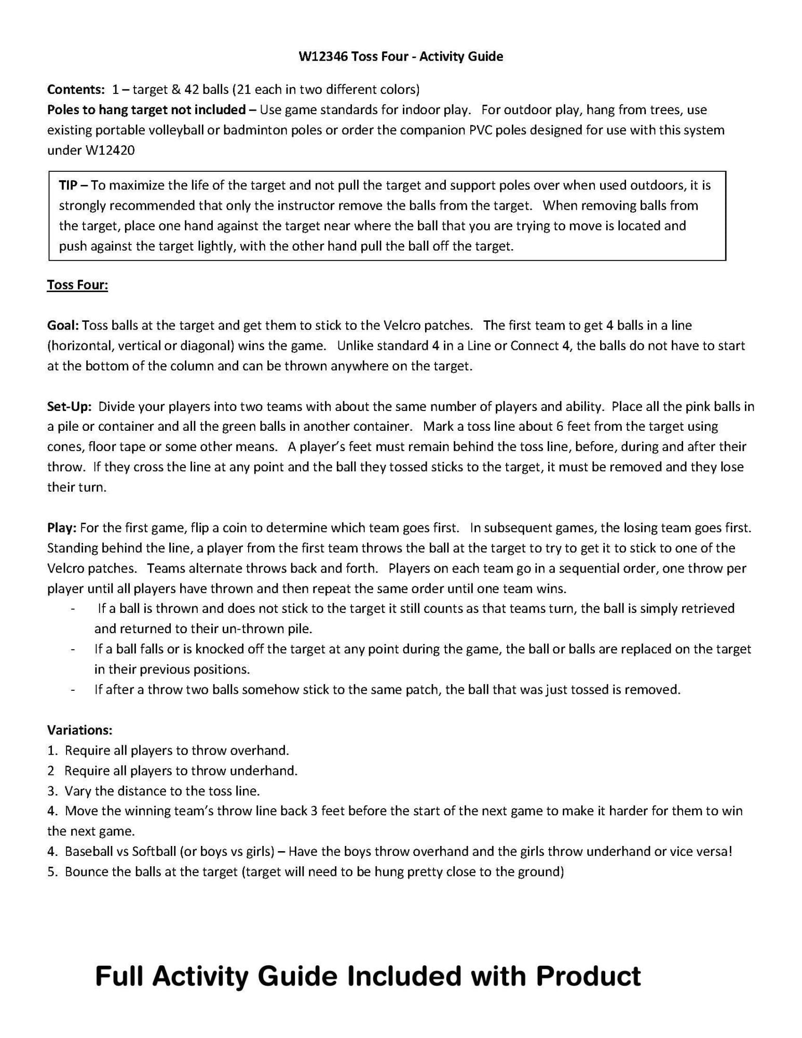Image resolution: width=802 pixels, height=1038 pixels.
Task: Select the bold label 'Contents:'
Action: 76,89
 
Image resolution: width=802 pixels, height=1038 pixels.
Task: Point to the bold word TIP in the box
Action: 68,185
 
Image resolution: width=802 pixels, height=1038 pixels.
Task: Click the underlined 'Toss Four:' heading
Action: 77,285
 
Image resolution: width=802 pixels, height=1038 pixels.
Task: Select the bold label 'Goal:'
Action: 63,325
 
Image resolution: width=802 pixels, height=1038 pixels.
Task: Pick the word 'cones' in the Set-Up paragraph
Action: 65,447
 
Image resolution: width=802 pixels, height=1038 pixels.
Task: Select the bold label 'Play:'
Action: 62,528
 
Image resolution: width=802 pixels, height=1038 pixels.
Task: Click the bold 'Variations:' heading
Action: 79,730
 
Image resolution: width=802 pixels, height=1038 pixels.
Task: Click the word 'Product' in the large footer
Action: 588,976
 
